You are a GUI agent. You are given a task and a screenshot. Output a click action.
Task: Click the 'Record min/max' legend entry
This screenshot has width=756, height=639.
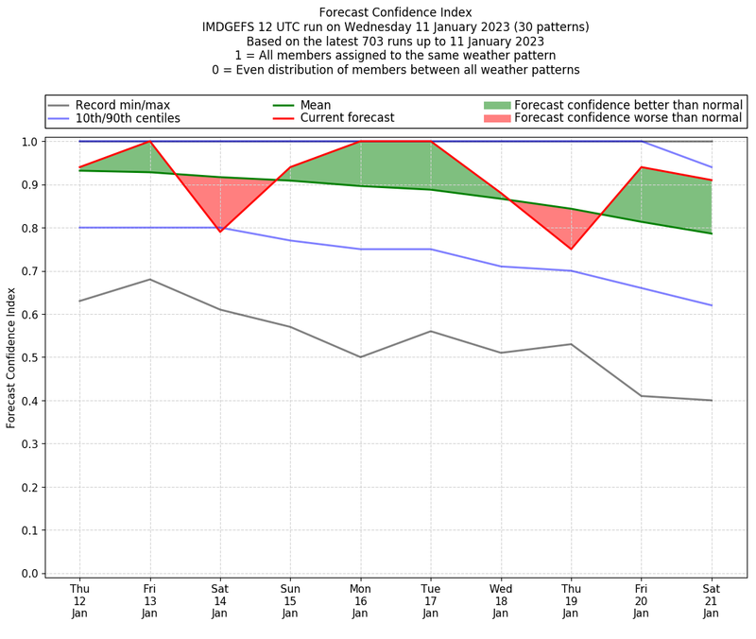coord(122,105)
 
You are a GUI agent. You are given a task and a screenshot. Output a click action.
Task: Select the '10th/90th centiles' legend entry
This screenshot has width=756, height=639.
coord(128,118)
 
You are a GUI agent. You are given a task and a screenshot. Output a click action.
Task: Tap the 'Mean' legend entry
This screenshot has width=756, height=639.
coord(329,105)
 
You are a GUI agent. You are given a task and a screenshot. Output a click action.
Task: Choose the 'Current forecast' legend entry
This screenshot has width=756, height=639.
coord(347,118)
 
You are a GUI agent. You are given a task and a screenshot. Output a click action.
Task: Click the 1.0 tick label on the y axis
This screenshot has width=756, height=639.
coord(29,142)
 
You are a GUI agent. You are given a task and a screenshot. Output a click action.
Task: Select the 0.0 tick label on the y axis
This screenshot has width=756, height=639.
coord(29,574)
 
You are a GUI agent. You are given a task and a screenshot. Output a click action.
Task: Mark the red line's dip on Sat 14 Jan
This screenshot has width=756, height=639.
coord(220,232)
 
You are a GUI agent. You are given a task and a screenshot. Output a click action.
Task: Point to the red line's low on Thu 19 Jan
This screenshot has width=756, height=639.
coord(571,249)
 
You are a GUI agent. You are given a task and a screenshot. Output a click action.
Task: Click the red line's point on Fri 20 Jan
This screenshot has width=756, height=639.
coord(642,167)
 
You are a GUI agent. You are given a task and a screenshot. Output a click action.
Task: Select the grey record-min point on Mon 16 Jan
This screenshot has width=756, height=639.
coord(360,357)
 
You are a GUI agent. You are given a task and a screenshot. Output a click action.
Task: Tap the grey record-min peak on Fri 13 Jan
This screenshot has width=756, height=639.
coord(149,279)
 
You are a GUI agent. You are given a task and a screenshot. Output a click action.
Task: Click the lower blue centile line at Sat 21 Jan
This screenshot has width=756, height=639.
coord(712,305)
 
